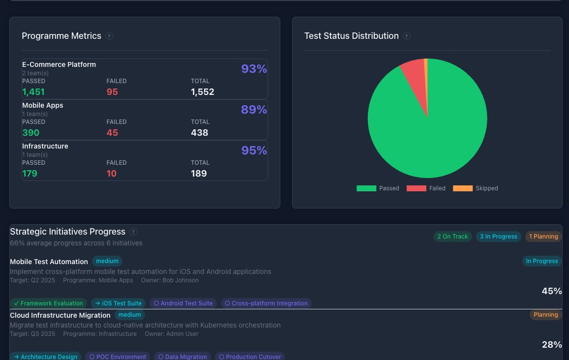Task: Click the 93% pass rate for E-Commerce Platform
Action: (254, 69)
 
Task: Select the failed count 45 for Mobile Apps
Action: (112, 133)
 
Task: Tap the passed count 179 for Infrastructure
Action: (30, 174)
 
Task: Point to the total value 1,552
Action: (203, 92)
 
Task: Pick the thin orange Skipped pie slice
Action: (426, 69)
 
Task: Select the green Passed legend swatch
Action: (366, 188)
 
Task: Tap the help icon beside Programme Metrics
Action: (109, 36)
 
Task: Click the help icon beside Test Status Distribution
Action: (407, 36)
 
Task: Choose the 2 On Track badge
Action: (453, 237)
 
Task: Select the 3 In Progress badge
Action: (499, 237)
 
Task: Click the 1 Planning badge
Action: (543, 237)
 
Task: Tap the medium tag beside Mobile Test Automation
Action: (107, 261)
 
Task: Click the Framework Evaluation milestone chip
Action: (48, 303)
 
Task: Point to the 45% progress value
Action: (552, 291)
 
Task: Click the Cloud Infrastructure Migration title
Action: (60, 315)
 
